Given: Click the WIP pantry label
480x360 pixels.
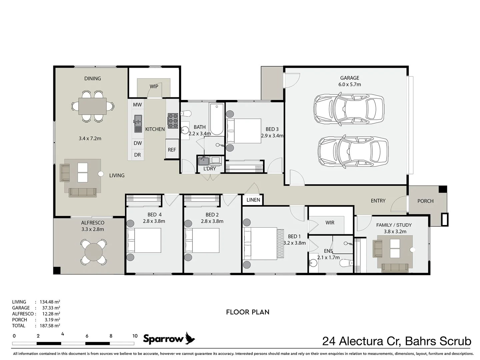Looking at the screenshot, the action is coord(154,86).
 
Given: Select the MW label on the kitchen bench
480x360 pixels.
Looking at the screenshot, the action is coord(137,105).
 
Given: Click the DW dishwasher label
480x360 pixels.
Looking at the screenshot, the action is coord(138,143).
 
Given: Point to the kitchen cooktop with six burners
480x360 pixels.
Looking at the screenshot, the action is coord(173,121).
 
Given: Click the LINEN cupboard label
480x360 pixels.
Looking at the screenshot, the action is coord(253,200).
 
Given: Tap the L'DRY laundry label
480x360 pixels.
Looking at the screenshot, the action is coord(209,169).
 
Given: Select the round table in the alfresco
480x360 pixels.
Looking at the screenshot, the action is coord(94,251).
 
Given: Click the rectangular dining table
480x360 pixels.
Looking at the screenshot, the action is coord(93,106).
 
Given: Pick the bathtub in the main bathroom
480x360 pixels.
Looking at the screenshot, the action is coord(217,119).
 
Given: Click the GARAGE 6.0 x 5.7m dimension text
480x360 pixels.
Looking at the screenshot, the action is coord(349,84).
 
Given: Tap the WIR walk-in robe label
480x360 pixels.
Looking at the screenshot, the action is coord(330,223).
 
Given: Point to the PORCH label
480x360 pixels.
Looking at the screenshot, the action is coord(425,201).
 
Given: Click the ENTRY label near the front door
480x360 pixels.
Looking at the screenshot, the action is coord(378,201).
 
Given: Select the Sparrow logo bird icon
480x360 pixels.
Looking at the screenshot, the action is coord(190,338).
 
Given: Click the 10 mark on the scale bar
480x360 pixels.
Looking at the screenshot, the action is coord(135,336).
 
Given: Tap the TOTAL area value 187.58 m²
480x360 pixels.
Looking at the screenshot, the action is coord(50,326).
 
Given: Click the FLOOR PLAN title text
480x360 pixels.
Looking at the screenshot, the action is coord(248,312).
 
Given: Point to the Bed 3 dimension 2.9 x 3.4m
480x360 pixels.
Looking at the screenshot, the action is coord(272,136).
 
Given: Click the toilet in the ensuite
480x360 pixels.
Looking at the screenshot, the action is coord(346,263).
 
